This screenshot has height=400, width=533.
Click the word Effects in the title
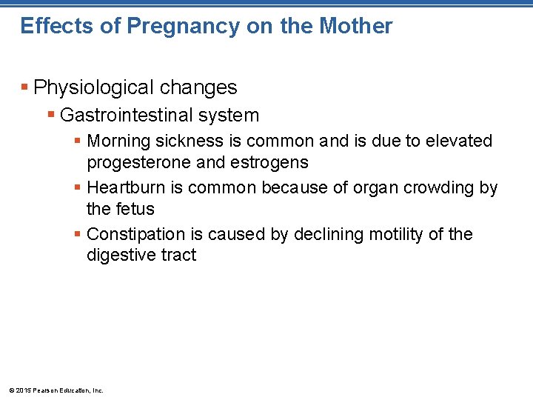pyautogui.click(x=47, y=26)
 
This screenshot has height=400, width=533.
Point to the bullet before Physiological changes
pyautogui.click(x=26, y=88)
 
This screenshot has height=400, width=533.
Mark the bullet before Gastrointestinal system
pyautogui.click(x=51, y=116)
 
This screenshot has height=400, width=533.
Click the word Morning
pyautogui.click(x=118, y=141)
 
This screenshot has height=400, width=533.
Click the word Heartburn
pyautogui.click(x=126, y=187)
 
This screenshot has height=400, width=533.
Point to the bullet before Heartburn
pyautogui.click(x=78, y=188)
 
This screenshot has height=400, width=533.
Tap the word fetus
pyautogui.click(x=135, y=208)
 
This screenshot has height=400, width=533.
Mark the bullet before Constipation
pyautogui.click(x=78, y=235)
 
